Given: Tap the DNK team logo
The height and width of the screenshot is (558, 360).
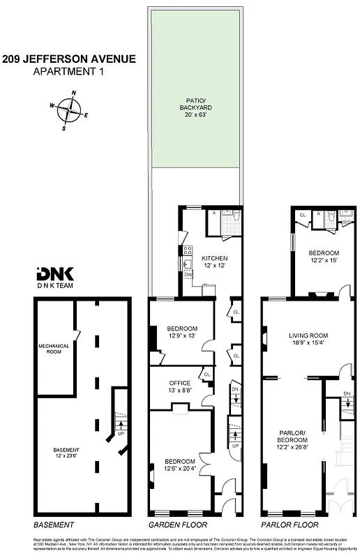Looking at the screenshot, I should pyautogui.click(x=50, y=278).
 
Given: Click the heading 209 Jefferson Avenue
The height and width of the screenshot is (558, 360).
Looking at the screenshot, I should pyautogui.click(x=68, y=60).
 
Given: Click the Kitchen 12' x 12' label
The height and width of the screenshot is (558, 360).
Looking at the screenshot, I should pyautogui.click(x=215, y=262).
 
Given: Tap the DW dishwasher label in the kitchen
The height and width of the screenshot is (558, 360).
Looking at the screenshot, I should pyautogui.click(x=188, y=275).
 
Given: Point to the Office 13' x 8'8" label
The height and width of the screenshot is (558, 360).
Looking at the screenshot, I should pyautogui.click(x=181, y=386).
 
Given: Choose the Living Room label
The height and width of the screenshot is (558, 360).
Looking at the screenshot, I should pyautogui.click(x=308, y=339).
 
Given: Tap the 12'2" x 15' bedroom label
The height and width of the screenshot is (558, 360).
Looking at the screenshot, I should pyautogui.click(x=324, y=256).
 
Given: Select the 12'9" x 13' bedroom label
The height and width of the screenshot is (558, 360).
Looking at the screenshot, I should pyautogui.click(x=182, y=332).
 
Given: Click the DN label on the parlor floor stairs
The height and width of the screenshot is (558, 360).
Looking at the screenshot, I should pyautogui.click(x=347, y=395).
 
